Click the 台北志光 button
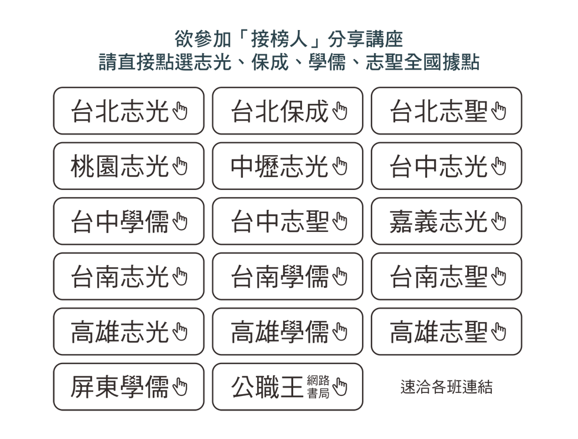pos(129,111)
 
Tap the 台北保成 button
pos(288,111)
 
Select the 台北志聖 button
pos(446,111)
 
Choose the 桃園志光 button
pos(129,166)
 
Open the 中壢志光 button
pos(288,166)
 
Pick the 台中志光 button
pos(446,166)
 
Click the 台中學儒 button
pos(129,221)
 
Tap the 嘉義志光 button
pos(446,221)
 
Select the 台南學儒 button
pos(288,276)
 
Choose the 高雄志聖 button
pos(446,332)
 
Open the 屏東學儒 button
pos(129,386)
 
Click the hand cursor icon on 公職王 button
pos(340,387)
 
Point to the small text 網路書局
pos(318,387)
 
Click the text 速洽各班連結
pos(446,387)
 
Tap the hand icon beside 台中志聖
pos(340,221)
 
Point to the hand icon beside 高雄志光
pos(180,332)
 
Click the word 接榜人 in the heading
pos(279,39)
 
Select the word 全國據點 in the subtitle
pos(442,62)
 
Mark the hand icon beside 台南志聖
pos(499,277)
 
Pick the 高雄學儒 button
pos(288,332)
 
